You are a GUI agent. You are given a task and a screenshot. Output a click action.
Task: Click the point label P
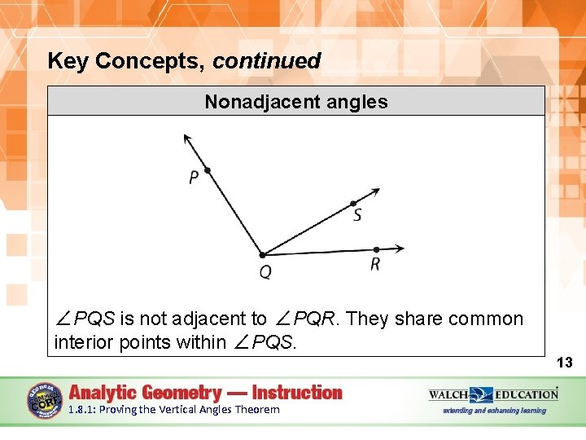coord(194,178)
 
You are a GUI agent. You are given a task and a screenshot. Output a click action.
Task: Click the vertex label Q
coord(265,272)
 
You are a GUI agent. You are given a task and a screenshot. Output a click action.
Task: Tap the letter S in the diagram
coord(357,216)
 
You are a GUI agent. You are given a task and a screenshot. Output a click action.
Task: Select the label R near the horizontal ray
coord(374,264)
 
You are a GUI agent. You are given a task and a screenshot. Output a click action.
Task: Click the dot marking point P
coord(208,170)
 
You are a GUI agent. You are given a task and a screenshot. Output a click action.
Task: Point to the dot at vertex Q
coord(262,255)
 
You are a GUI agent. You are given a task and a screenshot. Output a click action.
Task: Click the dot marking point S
coord(352,204)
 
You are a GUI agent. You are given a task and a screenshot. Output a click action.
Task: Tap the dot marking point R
coord(376,249)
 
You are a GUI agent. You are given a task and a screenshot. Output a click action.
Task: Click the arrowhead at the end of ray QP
coord(187,138)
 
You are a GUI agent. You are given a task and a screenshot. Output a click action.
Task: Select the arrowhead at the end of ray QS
coord(375,192)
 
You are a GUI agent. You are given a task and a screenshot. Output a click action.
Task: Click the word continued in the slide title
coord(267,61)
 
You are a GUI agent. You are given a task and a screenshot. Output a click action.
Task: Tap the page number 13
coord(565,363)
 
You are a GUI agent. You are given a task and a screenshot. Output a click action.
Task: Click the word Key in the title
coord(67,61)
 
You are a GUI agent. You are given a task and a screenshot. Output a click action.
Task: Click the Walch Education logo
coord(493,395)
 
